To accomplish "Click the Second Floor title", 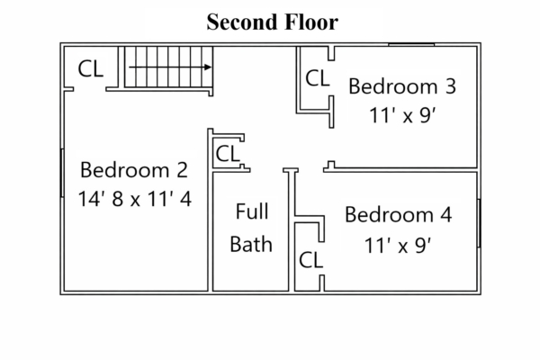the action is point(273,22).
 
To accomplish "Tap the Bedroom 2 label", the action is point(134,170).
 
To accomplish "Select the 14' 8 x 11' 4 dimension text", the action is point(135,199).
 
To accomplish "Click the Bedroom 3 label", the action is point(402,86).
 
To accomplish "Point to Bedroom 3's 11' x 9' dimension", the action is point(403,115).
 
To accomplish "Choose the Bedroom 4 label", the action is point(399,214).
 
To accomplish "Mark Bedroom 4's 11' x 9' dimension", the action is point(398,246).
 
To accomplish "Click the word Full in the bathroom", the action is point(252,211).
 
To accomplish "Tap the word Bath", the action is point(251,244).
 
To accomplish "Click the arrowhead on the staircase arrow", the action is point(208,67).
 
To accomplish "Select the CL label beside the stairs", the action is point(91,69).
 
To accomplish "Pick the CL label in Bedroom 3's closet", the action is point(317,78).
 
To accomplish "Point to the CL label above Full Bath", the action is point(228,154).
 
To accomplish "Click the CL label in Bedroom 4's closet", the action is point(311,260).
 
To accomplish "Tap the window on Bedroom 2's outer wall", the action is point(62,173).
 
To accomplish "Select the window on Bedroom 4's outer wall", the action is point(479,223).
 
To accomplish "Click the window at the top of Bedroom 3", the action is point(411,44).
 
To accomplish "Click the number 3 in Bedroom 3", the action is point(451,86).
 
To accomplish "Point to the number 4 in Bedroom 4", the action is point(446,214).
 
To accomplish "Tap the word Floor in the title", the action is point(311,22).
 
